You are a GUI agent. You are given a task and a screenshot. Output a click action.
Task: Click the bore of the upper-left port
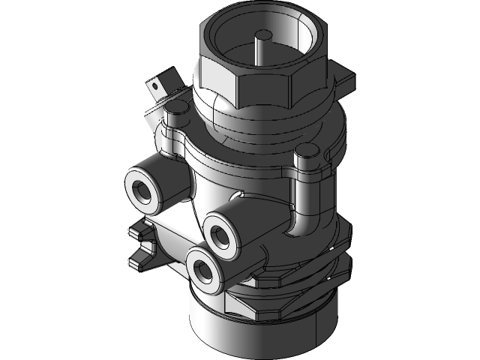140,188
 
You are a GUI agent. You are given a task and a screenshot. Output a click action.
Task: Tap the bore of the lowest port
201,268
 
